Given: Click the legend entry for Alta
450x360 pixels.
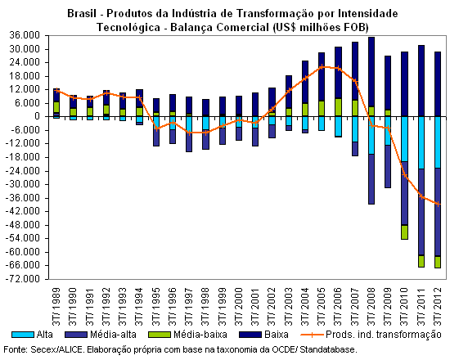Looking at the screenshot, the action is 32,335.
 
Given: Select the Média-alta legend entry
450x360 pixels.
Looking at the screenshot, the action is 101,335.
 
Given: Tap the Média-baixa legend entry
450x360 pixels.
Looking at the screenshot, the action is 187,335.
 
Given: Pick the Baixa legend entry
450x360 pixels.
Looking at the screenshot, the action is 263,335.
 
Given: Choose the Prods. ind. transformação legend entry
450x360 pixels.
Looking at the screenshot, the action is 371,335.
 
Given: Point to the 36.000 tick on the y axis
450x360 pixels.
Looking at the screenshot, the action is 24,35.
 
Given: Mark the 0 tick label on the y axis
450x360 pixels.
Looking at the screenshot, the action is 37,116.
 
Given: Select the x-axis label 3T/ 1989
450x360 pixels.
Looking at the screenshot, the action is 56,307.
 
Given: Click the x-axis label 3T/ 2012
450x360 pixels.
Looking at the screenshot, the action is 438,307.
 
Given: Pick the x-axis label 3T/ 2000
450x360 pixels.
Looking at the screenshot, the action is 238,307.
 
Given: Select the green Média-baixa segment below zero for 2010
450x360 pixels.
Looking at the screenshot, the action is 405,232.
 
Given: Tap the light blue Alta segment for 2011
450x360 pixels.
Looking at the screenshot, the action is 421,142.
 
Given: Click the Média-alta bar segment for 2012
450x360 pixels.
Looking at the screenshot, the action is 438,212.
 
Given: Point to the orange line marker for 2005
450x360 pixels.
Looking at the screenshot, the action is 322,67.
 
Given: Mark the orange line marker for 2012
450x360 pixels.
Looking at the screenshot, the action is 438,204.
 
